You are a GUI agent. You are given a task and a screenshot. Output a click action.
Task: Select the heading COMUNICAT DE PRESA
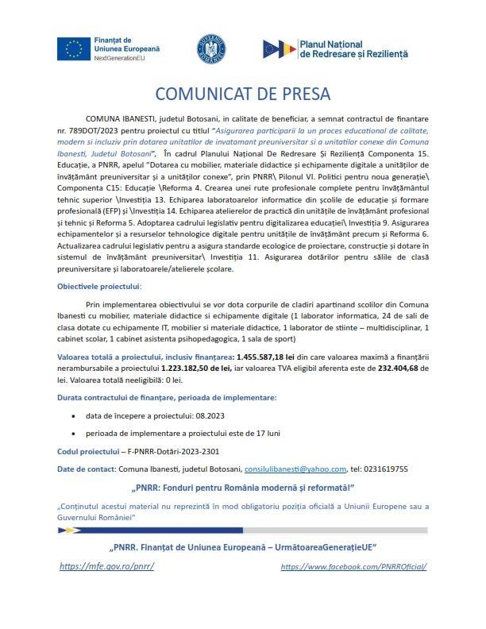(242, 94)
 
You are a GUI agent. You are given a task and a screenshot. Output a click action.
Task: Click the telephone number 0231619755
(384, 469)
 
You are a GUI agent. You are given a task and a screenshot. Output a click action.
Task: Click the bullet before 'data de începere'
(74, 415)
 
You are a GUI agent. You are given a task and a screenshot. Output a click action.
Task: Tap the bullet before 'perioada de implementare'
(74, 433)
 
